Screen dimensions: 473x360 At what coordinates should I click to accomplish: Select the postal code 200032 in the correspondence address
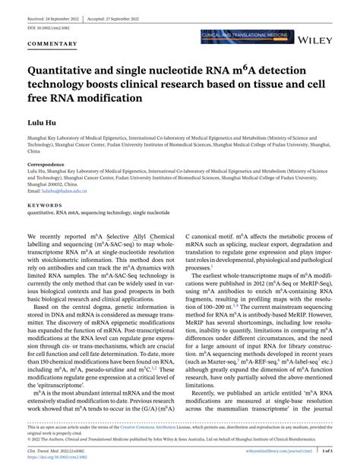pos(56,181)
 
